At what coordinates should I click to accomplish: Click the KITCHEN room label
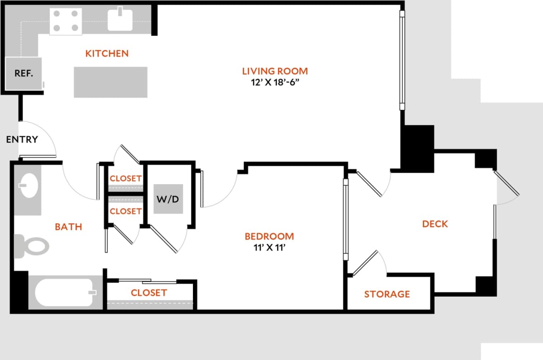tap(107, 53)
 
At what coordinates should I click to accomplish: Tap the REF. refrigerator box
tap(23, 73)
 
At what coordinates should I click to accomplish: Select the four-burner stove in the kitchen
tap(66, 21)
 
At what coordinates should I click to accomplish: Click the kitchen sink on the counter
tap(120, 19)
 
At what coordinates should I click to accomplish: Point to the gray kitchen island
tap(111, 82)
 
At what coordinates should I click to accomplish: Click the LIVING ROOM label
tap(275, 71)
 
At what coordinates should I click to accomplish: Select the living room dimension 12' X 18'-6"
tap(275, 83)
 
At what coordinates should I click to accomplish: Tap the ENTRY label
tap(22, 139)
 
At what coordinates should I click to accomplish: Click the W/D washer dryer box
tap(168, 199)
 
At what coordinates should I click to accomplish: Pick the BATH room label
tap(69, 226)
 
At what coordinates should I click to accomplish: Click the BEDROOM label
tap(269, 236)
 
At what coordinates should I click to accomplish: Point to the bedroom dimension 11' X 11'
tap(269, 249)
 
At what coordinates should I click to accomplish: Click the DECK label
tap(435, 224)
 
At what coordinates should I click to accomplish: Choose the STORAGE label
tap(387, 294)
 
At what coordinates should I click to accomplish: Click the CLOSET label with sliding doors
tap(149, 292)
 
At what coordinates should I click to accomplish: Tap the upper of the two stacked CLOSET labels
tap(126, 179)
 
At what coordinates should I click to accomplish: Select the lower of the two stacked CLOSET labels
tap(126, 211)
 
